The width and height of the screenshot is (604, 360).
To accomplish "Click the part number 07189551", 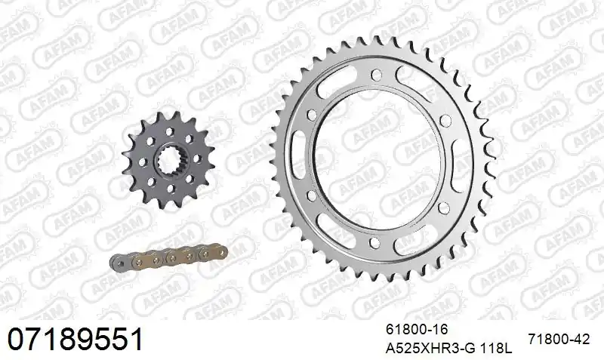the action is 75,339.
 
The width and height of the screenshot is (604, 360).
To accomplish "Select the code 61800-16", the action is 418,329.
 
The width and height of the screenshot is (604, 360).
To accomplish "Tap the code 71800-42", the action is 559,339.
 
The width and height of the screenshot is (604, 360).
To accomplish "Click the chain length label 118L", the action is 497,349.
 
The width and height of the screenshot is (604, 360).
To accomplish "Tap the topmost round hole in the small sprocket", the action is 169,131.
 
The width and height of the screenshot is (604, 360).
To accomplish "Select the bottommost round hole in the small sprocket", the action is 170,189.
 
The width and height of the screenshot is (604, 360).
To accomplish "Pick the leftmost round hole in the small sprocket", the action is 142,162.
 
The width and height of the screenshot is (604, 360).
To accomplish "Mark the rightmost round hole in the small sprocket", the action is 197,158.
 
